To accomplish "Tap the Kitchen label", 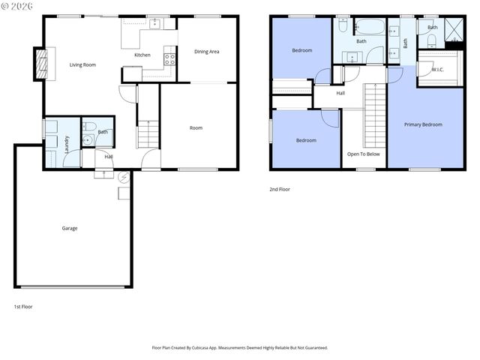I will [142, 55].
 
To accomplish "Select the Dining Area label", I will [206, 52].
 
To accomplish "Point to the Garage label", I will [69, 228].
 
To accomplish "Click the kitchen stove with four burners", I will [169, 56].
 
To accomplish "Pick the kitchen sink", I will [154, 24].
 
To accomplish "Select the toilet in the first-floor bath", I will [88, 139].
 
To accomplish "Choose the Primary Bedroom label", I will [423, 124].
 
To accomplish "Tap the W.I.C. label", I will [438, 70].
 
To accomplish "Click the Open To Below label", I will [363, 154].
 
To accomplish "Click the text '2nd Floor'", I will [280, 190].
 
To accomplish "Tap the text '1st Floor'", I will [23, 307].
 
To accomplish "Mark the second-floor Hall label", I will [340, 93].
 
